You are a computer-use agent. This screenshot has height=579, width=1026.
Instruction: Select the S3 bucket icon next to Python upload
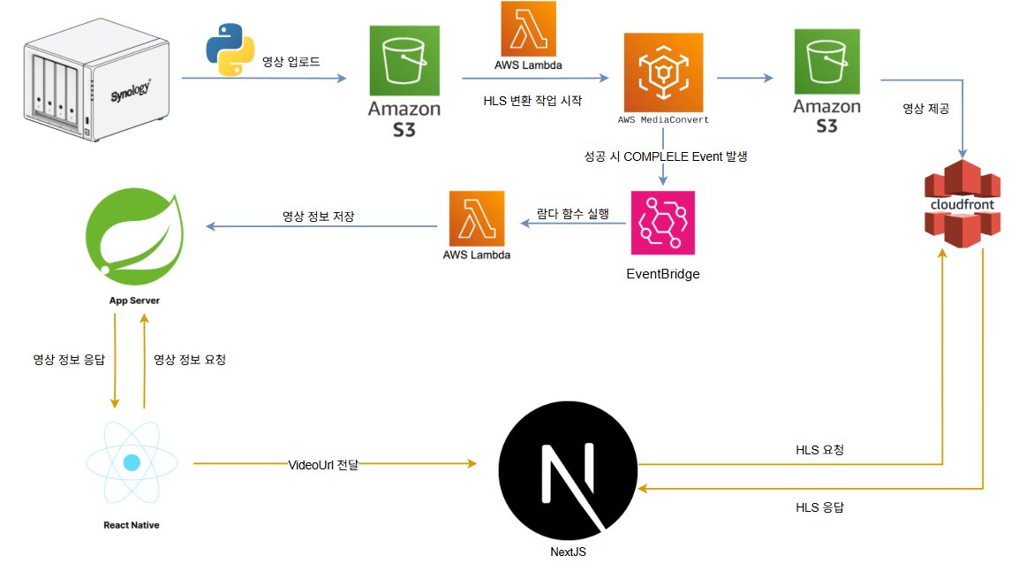click(x=404, y=61)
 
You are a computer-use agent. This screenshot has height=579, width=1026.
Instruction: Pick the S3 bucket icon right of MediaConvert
click(x=826, y=61)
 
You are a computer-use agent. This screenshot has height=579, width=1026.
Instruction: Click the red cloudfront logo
click(x=962, y=203)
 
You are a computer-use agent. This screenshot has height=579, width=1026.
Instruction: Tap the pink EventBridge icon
click(x=662, y=223)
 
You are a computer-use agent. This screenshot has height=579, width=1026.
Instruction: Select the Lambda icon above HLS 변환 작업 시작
click(x=528, y=28)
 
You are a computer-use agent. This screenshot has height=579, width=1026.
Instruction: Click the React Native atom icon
click(x=132, y=462)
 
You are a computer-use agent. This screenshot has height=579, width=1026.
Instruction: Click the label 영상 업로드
click(x=291, y=62)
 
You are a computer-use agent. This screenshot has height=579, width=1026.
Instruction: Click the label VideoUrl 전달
click(x=323, y=464)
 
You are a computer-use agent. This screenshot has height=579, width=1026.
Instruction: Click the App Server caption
click(x=134, y=301)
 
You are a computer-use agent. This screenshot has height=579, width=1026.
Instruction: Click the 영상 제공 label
click(x=925, y=109)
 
